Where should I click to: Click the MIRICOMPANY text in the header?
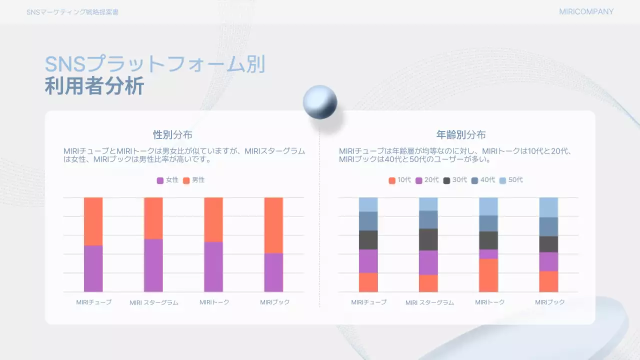pyautogui.click(x=586, y=12)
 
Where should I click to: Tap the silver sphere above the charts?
pyautogui.click(x=320, y=102)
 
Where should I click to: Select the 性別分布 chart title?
pyautogui.click(x=172, y=135)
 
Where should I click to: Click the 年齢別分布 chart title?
pyautogui.click(x=461, y=135)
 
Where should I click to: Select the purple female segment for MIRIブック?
pyautogui.click(x=273, y=272)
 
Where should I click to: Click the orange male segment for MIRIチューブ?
pyautogui.click(x=93, y=221)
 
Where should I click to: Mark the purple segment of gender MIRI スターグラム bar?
pyautogui.click(x=153, y=265)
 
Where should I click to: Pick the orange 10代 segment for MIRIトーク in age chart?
pyautogui.click(x=488, y=275)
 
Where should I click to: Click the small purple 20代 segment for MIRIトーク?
pyautogui.click(x=488, y=254)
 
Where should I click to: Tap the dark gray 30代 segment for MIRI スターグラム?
pyautogui.click(x=428, y=239)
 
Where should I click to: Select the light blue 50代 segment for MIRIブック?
pyautogui.click(x=548, y=207)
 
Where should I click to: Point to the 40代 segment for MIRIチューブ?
pyautogui.click(x=368, y=221)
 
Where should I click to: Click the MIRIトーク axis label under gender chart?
pyautogui.click(x=214, y=302)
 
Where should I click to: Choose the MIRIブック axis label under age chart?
pyautogui.click(x=549, y=302)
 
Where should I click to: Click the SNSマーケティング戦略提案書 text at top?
pyautogui.click(x=72, y=12)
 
